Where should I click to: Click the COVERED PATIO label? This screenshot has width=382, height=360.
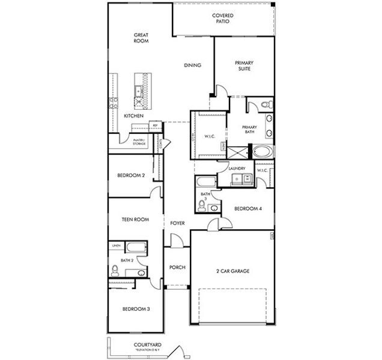[222, 18]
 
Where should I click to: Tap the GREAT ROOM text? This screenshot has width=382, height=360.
[141, 39]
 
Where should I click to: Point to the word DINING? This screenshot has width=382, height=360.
[192, 65]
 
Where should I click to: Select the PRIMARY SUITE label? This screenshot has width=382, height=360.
[244, 65]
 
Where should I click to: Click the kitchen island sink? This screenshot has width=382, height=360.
[138, 91]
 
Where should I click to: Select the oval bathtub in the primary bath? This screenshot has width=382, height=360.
[264, 151]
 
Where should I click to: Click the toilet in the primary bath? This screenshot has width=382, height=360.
[265, 106]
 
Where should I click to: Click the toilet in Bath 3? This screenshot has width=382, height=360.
[203, 205]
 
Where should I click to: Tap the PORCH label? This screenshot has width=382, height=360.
[177, 268]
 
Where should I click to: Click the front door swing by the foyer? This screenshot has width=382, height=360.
[176, 241]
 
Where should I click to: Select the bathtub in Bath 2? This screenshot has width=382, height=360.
[135, 247]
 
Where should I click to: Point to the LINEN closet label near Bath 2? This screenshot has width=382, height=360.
[116, 246]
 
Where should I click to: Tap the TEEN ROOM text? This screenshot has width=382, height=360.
[136, 220]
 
